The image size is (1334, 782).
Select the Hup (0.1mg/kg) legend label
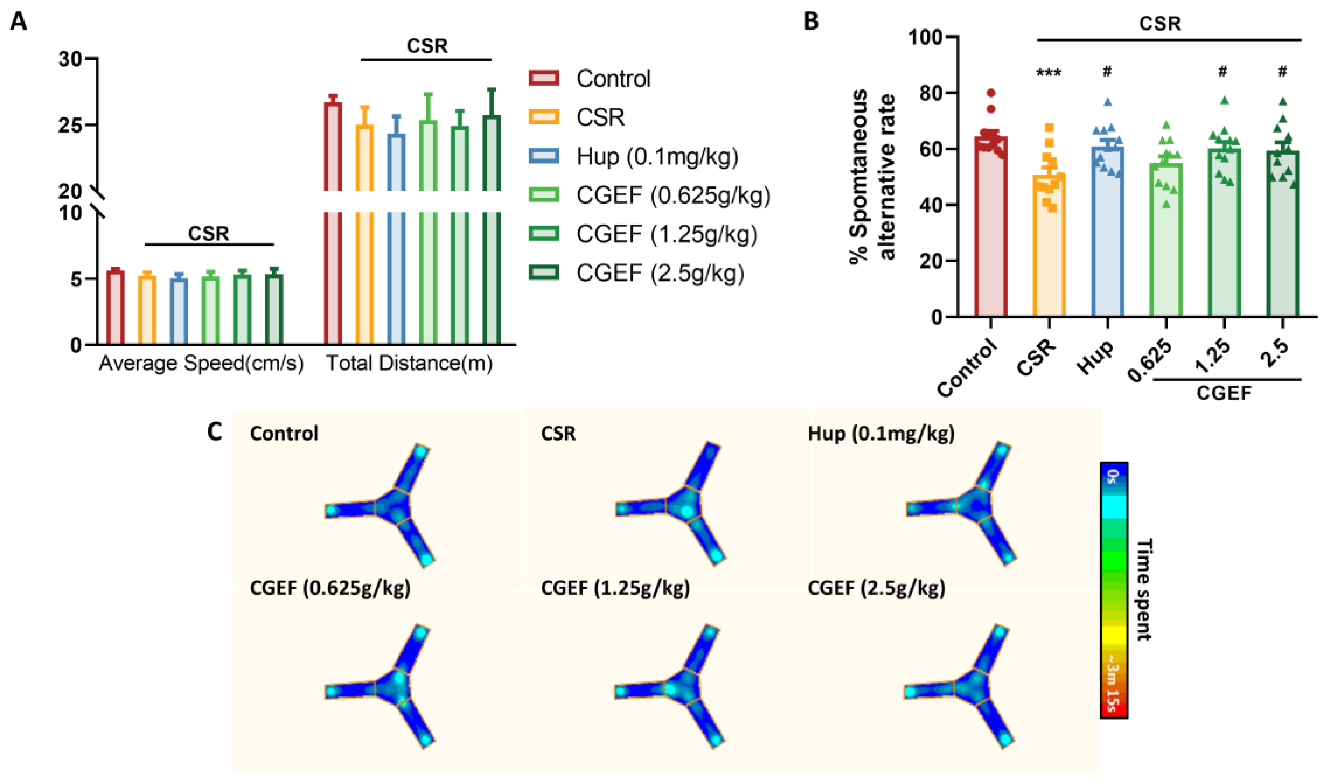tap(657, 156)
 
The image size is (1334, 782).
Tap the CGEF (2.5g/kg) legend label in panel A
tap(660, 273)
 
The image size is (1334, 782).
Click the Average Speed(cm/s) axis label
tap(201, 363)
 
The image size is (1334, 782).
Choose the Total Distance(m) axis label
tap(409, 363)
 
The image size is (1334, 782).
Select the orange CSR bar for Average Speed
tap(147, 309)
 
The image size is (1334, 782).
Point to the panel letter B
tap(811, 21)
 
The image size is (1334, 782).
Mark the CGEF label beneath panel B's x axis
tap(1224, 393)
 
